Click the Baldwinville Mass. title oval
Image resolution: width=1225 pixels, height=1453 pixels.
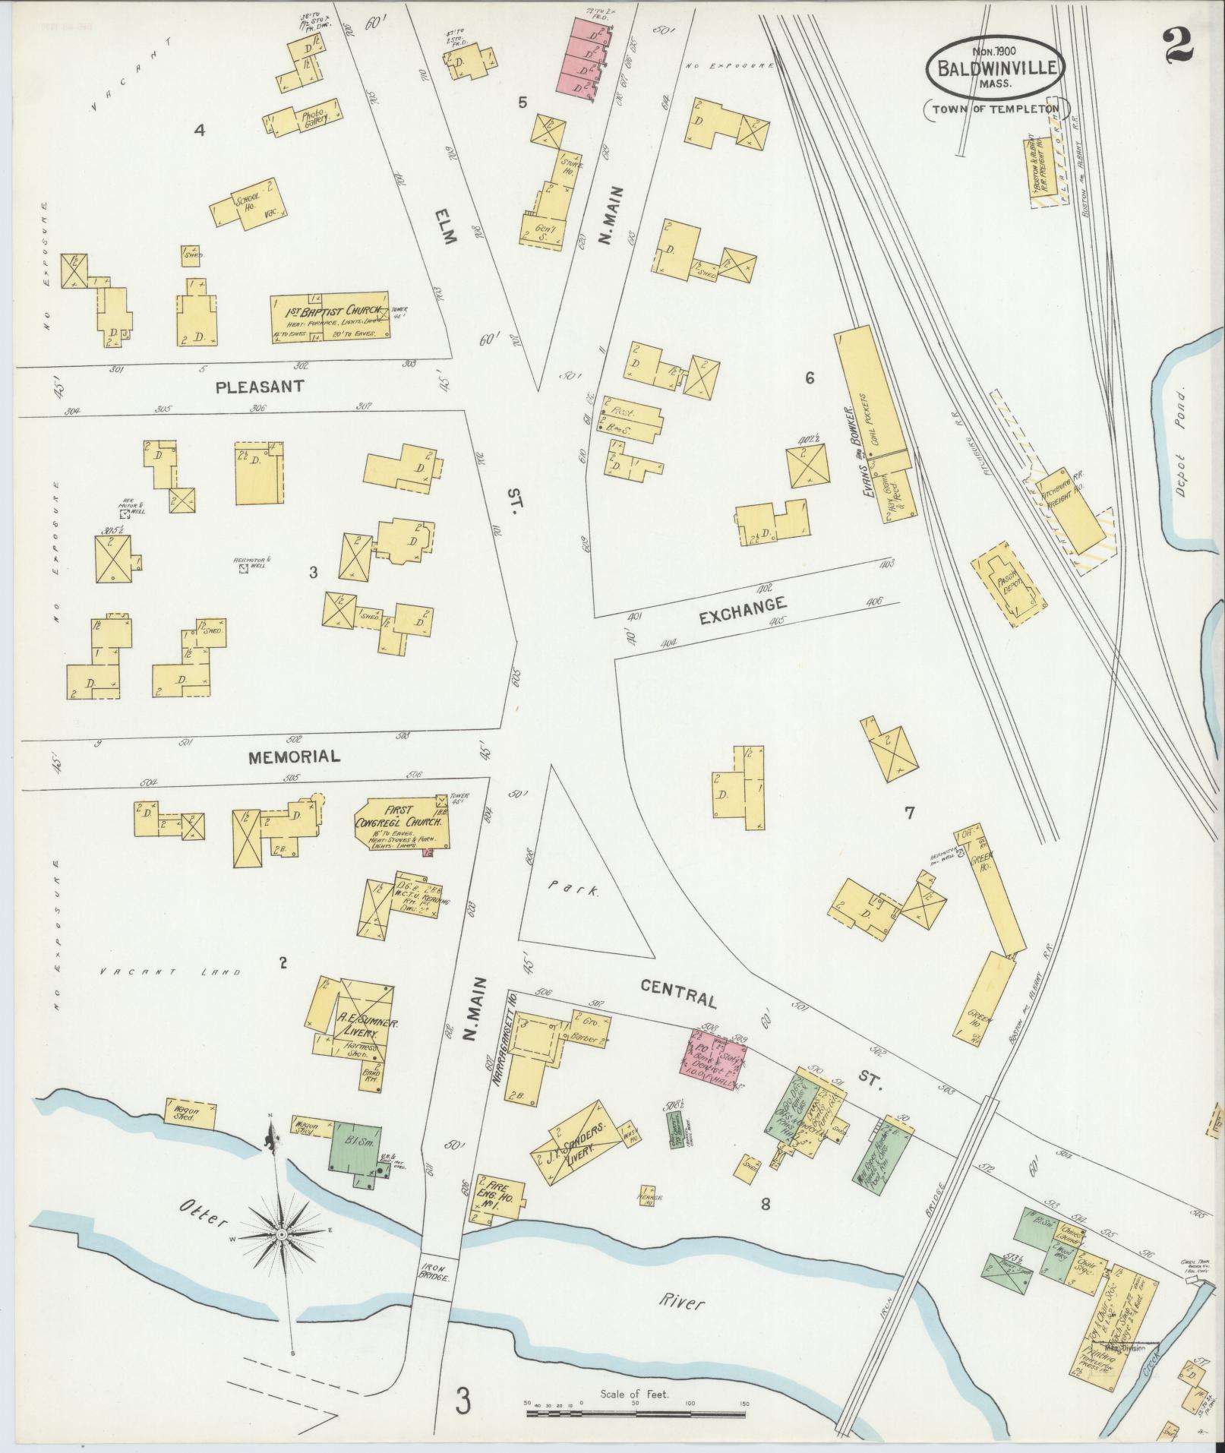[x=996, y=68]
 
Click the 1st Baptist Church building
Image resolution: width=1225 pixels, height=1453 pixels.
[x=330, y=316]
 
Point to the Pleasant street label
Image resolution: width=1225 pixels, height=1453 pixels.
[x=260, y=387]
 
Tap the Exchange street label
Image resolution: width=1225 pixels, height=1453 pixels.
[x=742, y=609]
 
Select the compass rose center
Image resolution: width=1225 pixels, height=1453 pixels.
[x=283, y=1234]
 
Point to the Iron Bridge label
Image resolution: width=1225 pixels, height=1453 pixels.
[x=435, y=1271]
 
